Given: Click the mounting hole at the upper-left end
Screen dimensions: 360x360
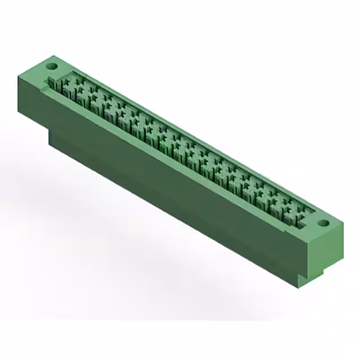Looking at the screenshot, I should (x=51, y=66).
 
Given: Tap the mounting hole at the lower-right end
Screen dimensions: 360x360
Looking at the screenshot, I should (x=322, y=223).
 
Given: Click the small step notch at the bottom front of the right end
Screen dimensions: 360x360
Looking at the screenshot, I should (x=304, y=280).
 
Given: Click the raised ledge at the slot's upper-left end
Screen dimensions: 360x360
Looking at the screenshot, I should (x=47, y=87).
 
